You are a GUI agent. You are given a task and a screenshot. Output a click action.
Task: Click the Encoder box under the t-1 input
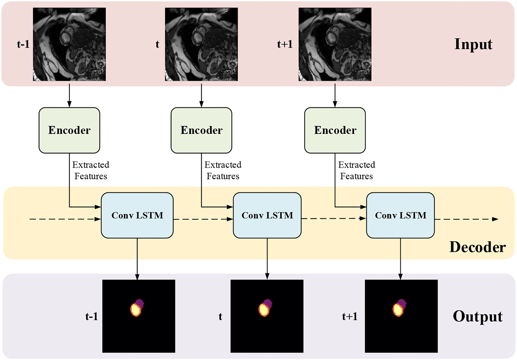point(69,130)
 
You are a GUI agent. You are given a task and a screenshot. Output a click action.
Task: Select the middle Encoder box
point(201,130)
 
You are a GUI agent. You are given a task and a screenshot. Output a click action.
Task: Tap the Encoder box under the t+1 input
point(335,130)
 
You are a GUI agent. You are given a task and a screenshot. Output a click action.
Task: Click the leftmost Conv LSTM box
point(137,215)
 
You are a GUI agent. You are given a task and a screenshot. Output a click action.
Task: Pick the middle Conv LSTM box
point(267,215)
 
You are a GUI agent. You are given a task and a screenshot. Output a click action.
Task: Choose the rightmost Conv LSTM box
point(400,215)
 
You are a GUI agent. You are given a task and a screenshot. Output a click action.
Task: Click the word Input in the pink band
point(473,44)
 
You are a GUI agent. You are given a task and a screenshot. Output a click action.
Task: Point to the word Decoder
point(477,247)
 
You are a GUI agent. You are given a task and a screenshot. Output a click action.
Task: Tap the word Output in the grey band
point(477,316)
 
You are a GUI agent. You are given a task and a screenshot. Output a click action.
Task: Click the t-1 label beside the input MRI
point(23,44)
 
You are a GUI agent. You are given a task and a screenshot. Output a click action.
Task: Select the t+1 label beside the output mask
point(350,316)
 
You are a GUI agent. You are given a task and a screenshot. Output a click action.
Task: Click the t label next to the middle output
point(220,316)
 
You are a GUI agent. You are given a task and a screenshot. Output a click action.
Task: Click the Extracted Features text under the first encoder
point(91,171)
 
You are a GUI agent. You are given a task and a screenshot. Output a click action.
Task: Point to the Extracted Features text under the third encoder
point(357,171)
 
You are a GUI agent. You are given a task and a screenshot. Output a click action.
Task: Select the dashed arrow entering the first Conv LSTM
point(64,219)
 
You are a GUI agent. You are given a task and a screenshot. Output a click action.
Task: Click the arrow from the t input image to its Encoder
point(201,95)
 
